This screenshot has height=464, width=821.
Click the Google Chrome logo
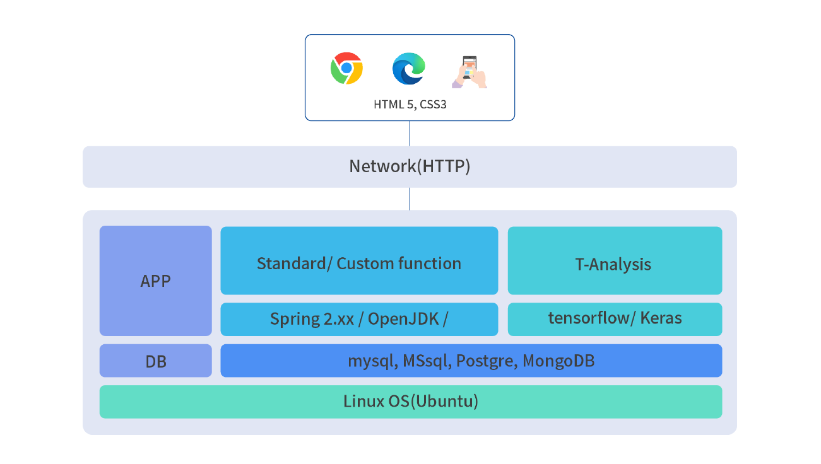pos(346,68)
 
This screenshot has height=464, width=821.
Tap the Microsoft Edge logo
pos(409,69)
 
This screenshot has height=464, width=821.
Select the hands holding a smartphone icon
pos(470,72)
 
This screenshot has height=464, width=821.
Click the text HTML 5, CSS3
pos(410,105)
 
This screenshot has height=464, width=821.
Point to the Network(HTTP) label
pos(410,166)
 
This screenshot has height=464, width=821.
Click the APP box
pos(155,281)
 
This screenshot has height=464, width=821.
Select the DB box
pos(155,361)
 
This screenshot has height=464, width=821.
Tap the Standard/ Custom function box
pos(359,260)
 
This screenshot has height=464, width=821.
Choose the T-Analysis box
pos(615,260)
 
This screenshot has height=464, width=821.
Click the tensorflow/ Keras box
pos(615,319)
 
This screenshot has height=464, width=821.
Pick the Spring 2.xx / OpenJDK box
pos(359,319)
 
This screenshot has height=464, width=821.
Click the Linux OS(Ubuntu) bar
pos(410,402)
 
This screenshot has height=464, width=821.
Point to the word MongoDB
pos(558,361)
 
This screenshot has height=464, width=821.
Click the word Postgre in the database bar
pos(487,361)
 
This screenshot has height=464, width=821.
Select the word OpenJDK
pos(403,319)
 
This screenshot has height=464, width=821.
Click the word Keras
pos(661,318)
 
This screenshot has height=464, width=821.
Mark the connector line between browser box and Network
pos(410,133)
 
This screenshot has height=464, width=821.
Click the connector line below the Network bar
pos(410,199)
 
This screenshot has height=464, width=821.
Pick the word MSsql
pos(427,361)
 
